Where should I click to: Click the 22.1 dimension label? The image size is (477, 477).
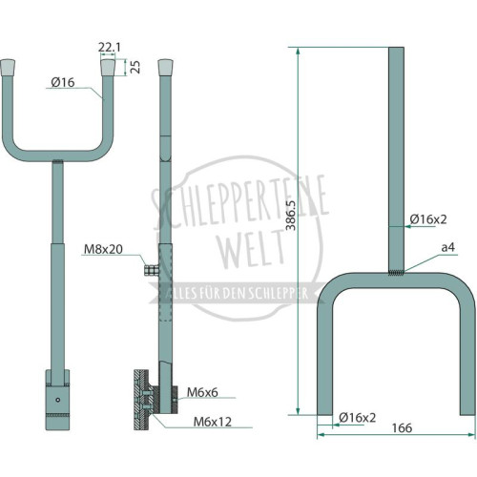(x=110, y=48)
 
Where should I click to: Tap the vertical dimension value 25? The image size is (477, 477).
(x=135, y=67)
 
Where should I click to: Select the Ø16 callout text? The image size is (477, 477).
(x=63, y=82)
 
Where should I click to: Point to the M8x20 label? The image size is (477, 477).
(x=103, y=249)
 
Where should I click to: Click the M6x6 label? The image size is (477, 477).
(x=202, y=392)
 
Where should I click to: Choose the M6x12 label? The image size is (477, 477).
(x=213, y=422)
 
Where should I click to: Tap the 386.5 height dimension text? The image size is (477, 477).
(x=291, y=215)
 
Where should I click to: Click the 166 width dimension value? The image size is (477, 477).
(x=402, y=428)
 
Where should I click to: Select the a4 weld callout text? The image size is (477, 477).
(x=448, y=247)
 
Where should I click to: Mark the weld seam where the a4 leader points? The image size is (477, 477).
(x=396, y=273)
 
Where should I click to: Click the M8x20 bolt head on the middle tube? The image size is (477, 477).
(x=152, y=270)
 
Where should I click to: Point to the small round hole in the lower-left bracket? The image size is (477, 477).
(x=58, y=400)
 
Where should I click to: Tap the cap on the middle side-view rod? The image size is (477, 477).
(x=165, y=68)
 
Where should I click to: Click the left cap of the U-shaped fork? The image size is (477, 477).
(x=8, y=68)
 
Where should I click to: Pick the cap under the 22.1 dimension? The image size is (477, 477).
(x=108, y=68)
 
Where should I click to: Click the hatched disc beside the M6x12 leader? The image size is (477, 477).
(x=141, y=400)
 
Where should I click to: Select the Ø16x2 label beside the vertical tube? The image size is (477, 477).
(x=428, y=219)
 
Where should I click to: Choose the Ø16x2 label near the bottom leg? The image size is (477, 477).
(x=357, y=418)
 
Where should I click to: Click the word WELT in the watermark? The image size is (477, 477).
(x=252, y=249)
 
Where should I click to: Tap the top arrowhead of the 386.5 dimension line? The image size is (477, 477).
(x=298, y=51)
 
